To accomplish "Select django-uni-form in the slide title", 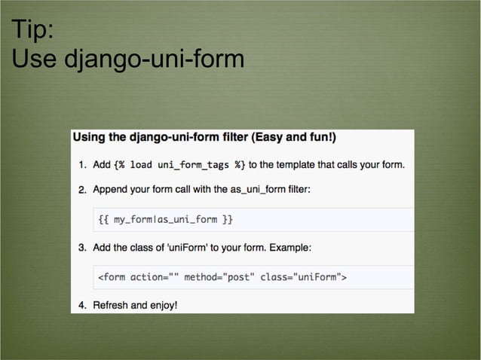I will (x=154, y=59).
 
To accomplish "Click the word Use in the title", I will (x=35, y=59).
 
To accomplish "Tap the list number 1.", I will (x=82, y=164).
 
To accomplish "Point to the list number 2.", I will (x=82, y=190).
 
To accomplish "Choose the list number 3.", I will (x=82, y=247).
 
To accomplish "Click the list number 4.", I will (x=82, y=306).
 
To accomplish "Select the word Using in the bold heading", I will (x=90, y=137).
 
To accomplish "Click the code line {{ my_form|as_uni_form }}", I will (x=166, y=220).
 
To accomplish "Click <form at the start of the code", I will (x=112, y=277).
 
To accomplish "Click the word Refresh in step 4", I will (x=112, y=306).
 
